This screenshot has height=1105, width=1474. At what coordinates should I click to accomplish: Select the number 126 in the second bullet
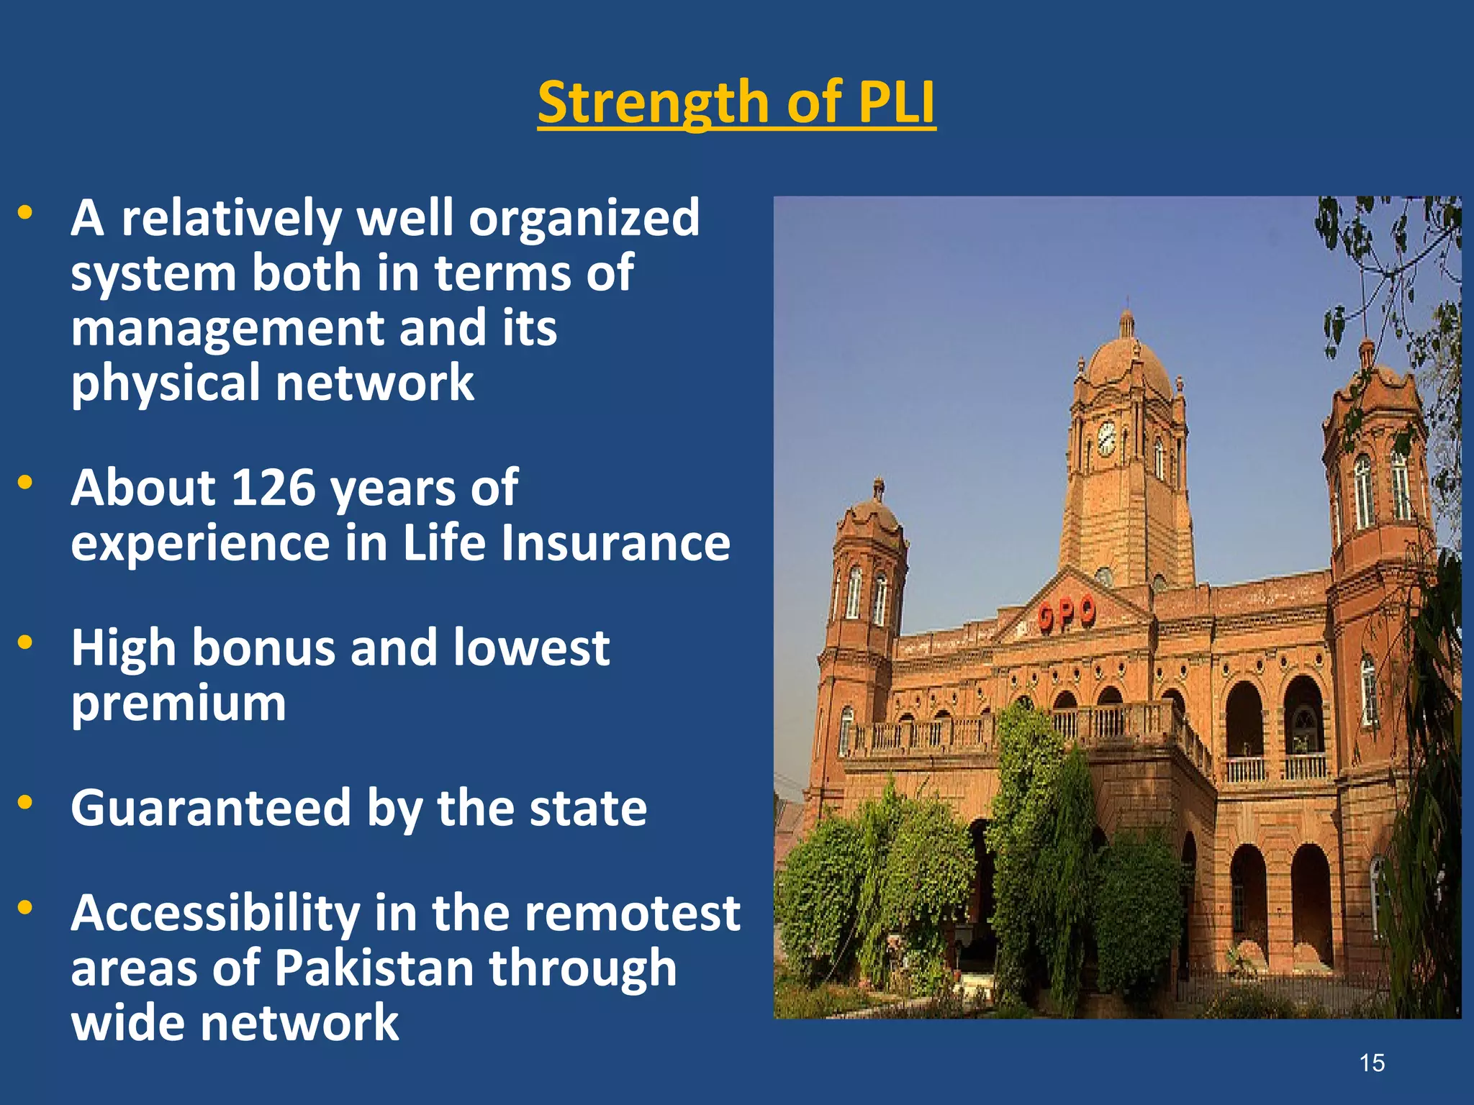point(273,488)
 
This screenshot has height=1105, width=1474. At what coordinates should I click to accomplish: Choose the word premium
point(178,704)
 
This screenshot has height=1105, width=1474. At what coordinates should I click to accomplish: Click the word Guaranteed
point(211,809)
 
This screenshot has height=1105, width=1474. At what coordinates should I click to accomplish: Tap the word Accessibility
point(215,913)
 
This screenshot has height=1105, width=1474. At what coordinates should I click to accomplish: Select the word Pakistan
point(374,968)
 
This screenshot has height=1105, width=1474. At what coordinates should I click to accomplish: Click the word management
point(227,328)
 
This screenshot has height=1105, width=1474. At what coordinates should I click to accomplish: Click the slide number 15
point(1372,1063)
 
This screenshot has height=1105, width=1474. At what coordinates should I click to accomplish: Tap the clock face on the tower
point(1106,437)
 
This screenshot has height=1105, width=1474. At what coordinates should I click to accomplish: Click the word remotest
point(632,913)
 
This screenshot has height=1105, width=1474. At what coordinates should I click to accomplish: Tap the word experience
point(200,543)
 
